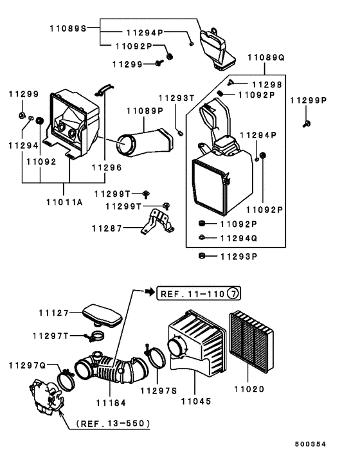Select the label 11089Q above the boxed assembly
[x=266, y=57]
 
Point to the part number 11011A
[x=64, y=201]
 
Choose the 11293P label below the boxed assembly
[x=238, y=256]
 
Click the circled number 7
[x=233, y=293]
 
